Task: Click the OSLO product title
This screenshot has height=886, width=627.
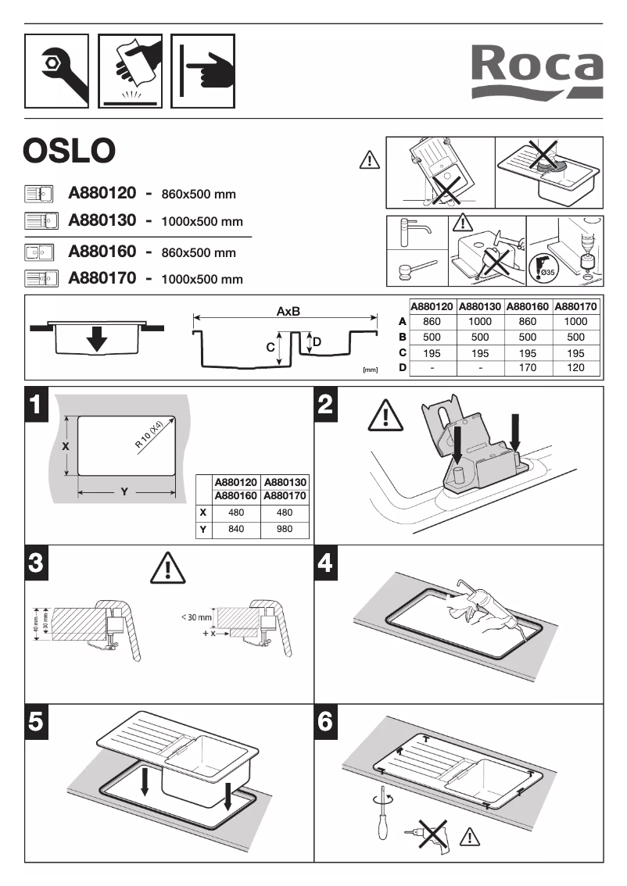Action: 70,151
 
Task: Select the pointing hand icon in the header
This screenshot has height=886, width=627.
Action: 203,70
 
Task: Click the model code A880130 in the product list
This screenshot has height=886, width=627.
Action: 102,220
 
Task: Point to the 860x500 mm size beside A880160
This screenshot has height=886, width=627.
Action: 199,253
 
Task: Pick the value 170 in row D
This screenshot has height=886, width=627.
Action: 528,367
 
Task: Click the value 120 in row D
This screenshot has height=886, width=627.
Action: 575,367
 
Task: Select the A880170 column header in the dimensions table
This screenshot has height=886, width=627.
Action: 575,307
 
